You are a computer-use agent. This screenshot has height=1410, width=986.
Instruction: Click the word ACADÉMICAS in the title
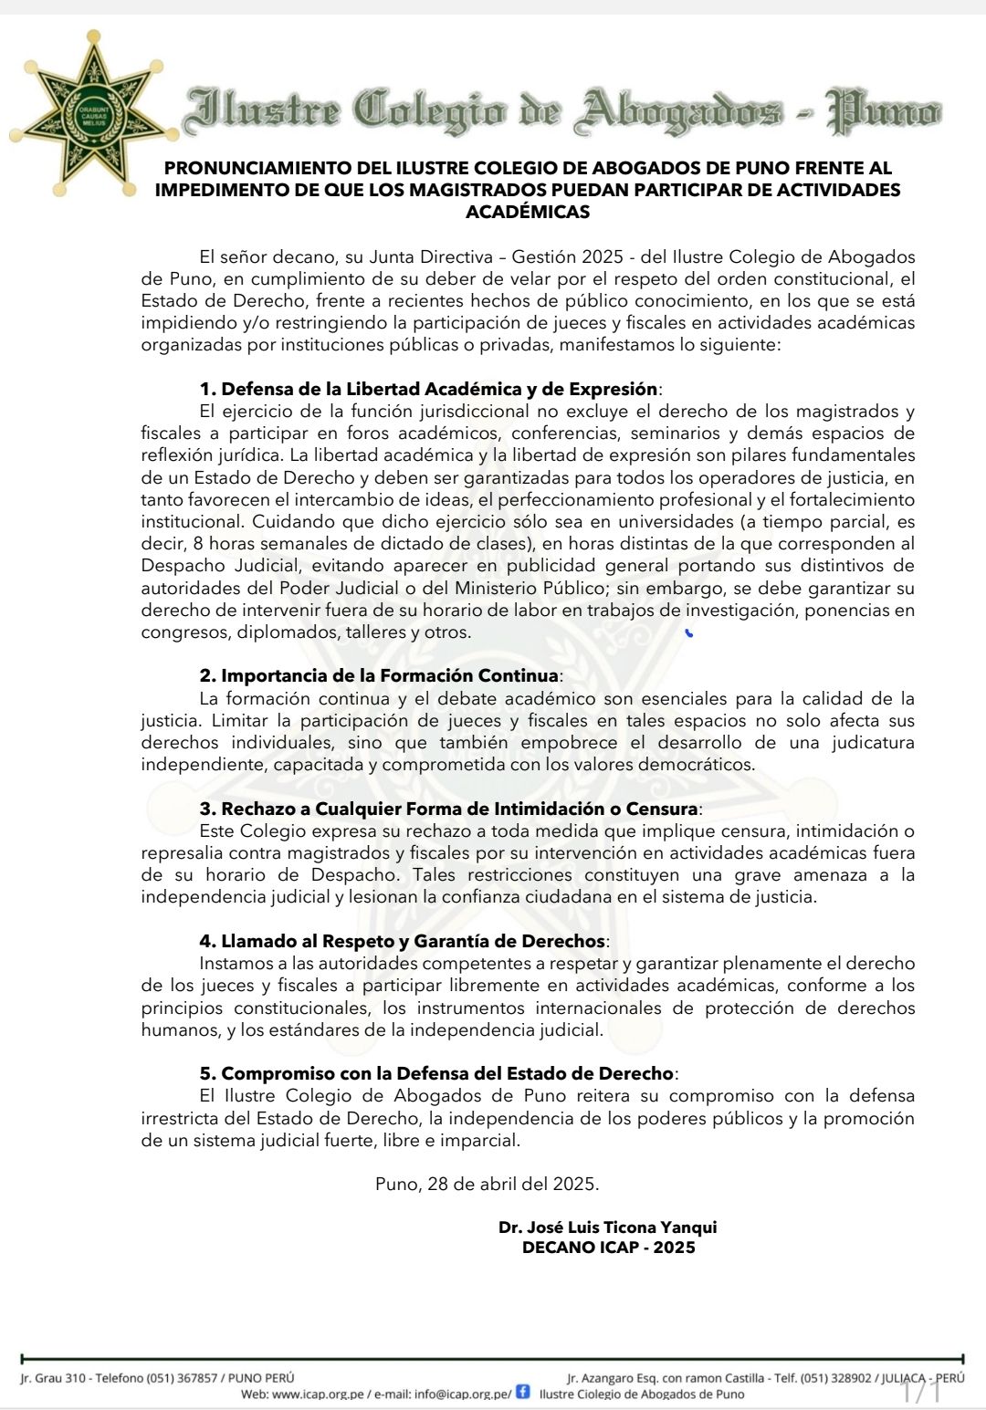[x=528, y=212]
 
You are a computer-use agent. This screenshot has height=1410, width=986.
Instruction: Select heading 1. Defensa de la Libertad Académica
[x=429, y=389]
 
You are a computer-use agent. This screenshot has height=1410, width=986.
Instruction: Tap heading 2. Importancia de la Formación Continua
[x=379, y=676]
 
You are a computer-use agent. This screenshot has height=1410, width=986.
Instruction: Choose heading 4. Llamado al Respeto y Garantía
[x=403, y=941]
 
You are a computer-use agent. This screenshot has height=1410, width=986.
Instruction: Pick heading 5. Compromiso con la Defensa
[x=436, y=1073]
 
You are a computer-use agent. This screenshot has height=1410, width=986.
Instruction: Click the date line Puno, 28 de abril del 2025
[x=488, y=1184]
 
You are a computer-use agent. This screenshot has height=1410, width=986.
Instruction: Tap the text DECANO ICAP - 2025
[x=608, y=1248]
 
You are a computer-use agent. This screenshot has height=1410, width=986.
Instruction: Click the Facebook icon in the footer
[x=523, y=1392]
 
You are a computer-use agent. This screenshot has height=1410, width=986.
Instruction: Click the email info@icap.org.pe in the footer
[x=463, y=1394]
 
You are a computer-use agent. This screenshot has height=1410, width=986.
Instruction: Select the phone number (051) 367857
[x=183, y=1378]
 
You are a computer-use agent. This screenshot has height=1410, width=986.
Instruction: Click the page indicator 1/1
[x=921, y=1393]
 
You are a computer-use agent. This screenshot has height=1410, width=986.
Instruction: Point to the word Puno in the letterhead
[x=883, y=110]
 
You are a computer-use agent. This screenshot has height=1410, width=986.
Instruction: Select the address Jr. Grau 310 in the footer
[x=54, y=1378]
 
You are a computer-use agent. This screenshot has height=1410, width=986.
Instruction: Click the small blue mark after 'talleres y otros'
[x=689, y=632]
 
